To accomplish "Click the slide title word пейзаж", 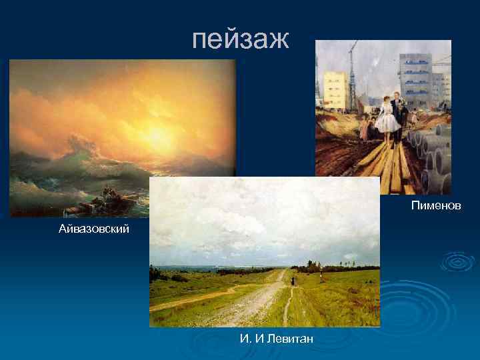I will coord(240,39).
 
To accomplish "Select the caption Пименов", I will coord(435,206).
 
